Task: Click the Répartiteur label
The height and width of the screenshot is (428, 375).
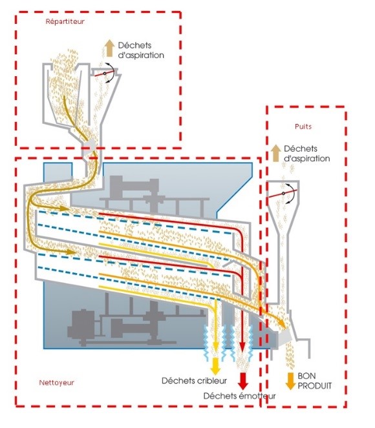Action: click(65, 21)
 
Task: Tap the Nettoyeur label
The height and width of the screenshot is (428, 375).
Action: click(57, 383)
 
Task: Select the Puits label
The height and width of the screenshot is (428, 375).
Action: click(303, 127)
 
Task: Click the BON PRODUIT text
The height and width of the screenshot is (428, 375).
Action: click(315, 381)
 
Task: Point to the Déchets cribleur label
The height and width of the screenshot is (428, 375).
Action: click(195, 380)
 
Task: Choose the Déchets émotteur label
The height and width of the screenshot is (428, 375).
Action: click(240, 396)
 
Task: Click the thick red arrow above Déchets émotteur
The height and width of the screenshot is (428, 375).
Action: click(242, 381)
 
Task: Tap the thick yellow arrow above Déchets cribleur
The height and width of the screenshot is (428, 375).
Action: click(216, 366)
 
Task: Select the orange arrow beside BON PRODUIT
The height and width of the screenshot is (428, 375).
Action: click(290, 381)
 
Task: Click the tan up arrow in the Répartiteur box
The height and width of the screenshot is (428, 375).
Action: click(110, 48)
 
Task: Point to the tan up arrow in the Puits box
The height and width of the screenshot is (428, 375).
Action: click(276, 153)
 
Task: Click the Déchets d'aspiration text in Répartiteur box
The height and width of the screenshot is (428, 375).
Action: click(141, 50)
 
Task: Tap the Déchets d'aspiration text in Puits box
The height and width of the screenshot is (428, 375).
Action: click(307, 154)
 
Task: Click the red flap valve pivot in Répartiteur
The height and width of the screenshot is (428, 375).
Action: click(104, 74)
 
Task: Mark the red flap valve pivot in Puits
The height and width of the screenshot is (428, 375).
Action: click(283, 193)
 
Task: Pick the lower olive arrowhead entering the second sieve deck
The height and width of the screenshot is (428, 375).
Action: click(70, 252)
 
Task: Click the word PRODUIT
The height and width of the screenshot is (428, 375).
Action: click(315, 385)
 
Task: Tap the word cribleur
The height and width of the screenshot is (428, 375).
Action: click(211, 380)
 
